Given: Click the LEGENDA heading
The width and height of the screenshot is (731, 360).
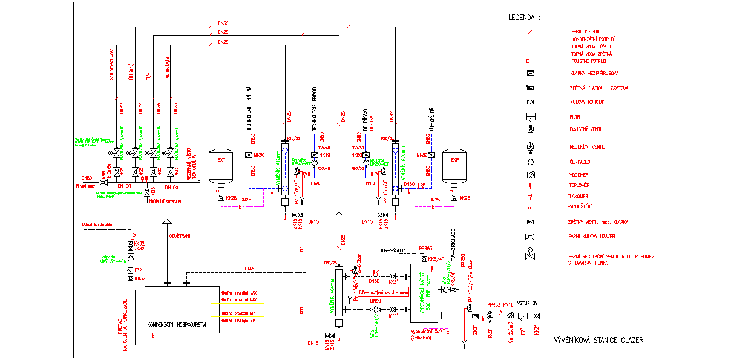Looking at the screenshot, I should coord(524,18).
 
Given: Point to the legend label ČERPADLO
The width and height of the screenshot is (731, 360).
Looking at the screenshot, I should coord(582,162).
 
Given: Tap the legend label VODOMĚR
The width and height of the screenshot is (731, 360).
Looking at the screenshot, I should coord(580,174).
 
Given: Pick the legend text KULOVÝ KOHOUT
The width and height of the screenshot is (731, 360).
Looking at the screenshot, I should coord(587,102).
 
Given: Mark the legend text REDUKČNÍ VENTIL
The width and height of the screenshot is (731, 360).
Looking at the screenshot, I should coord(588,147).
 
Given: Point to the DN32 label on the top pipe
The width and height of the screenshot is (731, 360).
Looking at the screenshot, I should coord(223,24).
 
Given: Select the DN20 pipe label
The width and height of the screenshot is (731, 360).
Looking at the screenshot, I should coord(250,269).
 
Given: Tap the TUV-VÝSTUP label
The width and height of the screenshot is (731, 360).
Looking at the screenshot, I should coord(392,250).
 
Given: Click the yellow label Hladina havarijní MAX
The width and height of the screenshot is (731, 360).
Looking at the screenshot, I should coord(234,292).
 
